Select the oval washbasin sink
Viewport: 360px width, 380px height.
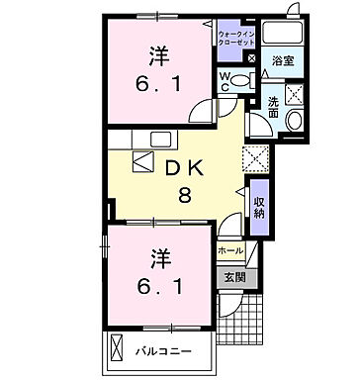(x=295, y=122)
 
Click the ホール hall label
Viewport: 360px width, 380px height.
(x=229, y=251)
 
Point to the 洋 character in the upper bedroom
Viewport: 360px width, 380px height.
(x=156, y=57)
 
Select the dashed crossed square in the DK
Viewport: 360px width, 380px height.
(x=254, y=156)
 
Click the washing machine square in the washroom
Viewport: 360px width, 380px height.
(x=294, y=96)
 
